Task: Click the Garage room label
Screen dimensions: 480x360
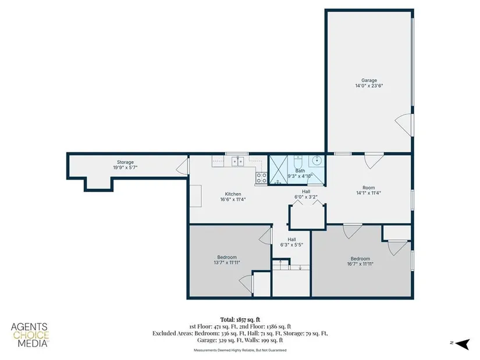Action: (x=369, y=80)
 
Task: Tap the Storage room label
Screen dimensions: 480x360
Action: (x=125, y=162)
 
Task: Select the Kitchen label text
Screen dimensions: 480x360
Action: (x=233, y=194)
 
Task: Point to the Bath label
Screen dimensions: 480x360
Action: (x=300, y=171)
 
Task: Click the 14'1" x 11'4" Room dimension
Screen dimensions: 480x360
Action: (x=368, y=193)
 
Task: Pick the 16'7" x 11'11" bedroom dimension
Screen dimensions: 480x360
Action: (x=360, y=264)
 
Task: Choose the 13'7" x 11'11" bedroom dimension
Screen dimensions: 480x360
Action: (x=227, y=262)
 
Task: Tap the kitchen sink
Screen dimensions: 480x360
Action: (x=238, y=161)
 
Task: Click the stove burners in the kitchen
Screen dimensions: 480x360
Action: (x=261, y=178)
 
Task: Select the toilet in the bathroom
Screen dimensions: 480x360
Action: (x=298, y=161)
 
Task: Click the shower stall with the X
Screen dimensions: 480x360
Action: (x=278, y=170)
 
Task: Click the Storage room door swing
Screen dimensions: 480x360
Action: (x=182, y=167)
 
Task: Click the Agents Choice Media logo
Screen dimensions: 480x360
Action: (x=30, y=335)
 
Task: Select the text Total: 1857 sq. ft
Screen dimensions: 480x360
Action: (x=240, y=320)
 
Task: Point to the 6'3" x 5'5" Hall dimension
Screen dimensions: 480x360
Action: (x=291, y=245)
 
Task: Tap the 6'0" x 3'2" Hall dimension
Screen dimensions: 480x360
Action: (x=306, y=197)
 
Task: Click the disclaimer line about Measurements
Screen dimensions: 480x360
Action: (x=240, y=350)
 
